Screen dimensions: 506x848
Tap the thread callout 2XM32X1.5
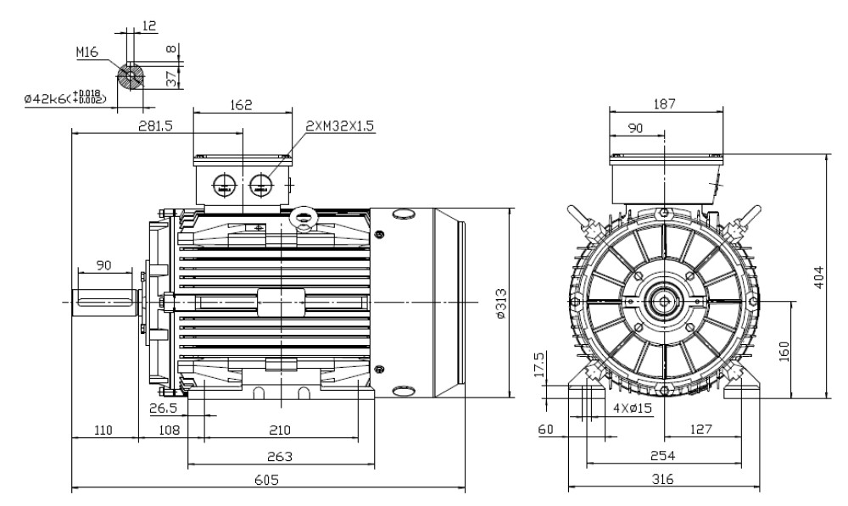coord(340,125)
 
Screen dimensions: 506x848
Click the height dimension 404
coord(818,277)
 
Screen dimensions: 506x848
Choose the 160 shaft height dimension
coord(784,349)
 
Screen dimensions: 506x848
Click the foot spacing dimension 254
coord(663,456)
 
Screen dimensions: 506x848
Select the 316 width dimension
coord(663,480)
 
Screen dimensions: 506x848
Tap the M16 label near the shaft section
coord(88,53)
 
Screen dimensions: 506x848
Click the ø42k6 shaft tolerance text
coord(66,98)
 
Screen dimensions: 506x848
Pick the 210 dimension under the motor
coord(280,431)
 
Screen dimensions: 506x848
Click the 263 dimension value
coord(280,456)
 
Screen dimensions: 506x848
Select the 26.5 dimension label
coord(163,408)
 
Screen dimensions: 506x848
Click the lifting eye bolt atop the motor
coord(301,218)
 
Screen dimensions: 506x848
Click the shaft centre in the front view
coord(664,301)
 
